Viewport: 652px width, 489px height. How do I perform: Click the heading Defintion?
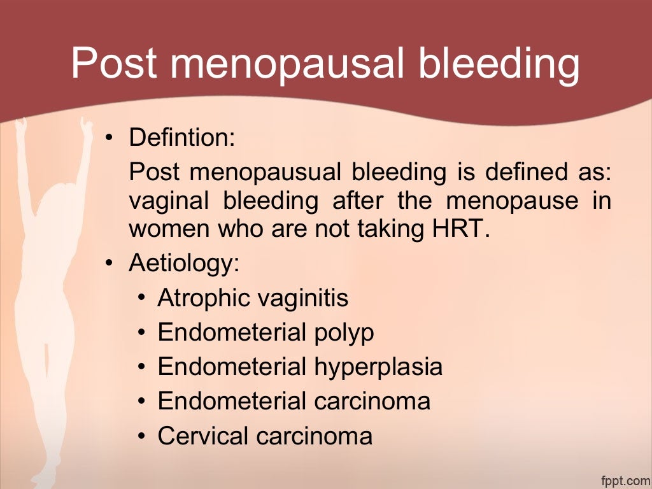(182, 137)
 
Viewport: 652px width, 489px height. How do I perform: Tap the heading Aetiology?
(184, 263)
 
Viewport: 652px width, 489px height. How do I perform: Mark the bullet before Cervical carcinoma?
(143, 436)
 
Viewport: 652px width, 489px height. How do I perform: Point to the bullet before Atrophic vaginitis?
(143, 298)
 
